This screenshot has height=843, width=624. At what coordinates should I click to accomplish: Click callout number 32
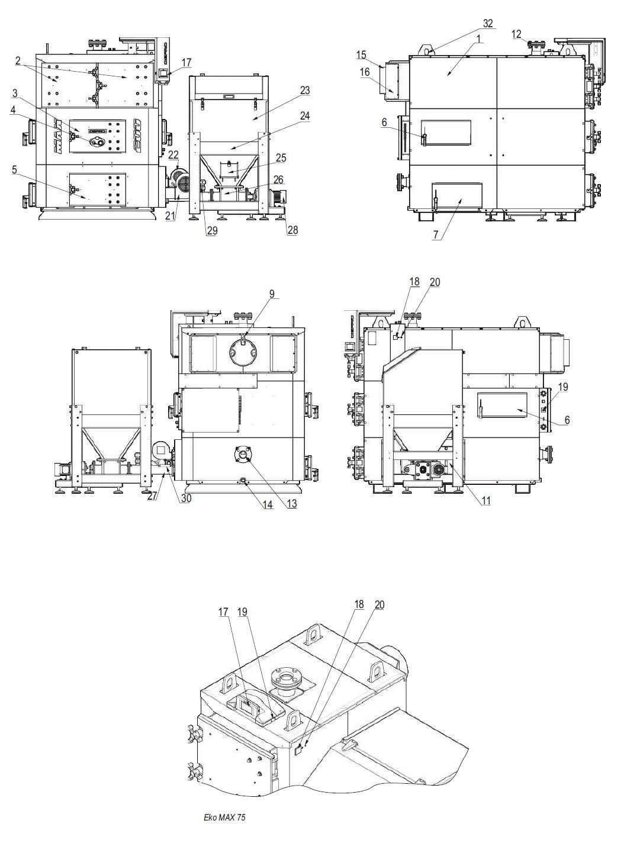tap(487, 24)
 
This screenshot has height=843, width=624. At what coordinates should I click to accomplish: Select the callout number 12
tap(516, 34)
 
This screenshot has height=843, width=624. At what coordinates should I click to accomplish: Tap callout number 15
tap(361, 55)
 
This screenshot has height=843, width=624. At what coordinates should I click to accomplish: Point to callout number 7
tap(436, 235)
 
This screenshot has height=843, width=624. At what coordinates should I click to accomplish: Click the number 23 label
tap(304, 91)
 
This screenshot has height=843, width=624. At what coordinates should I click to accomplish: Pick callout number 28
tap(292, 230)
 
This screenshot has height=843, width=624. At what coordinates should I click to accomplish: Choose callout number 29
tap(212, 231)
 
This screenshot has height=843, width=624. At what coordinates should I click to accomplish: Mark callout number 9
tap(272, 294)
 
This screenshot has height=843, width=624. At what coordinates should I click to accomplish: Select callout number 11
tap(485, 501)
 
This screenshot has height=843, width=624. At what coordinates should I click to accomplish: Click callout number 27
tap(153, 497)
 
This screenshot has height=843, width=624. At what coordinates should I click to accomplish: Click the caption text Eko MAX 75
tap(224, 818)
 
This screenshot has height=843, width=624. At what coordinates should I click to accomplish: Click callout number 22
tap(173, 155)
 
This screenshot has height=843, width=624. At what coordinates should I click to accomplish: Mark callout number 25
tap(281, 157)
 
